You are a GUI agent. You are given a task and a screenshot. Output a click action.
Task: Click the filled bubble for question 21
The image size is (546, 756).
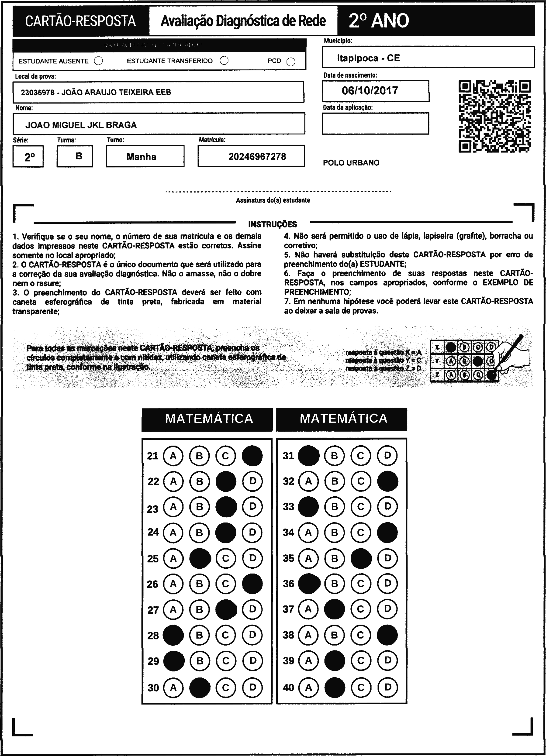pos(252,456)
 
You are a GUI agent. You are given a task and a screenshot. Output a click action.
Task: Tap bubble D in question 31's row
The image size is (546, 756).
pos(387,455)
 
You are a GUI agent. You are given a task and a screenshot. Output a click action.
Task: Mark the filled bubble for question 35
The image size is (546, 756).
pos(361,558)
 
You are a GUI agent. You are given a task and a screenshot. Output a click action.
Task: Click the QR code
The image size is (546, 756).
pos(495,116)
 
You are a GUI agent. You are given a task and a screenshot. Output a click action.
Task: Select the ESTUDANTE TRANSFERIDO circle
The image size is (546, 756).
pos(224,61)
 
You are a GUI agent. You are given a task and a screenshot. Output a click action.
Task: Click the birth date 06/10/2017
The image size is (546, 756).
pos(370,91)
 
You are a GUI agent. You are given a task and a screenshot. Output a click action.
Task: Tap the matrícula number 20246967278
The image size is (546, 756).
pos(257,157)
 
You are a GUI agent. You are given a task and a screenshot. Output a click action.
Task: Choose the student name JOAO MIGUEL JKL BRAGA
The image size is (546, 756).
pos(81,125)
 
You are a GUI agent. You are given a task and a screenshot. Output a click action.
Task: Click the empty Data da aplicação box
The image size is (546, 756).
pos(375,123)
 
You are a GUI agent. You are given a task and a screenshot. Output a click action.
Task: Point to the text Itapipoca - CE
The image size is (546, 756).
pos(368,58)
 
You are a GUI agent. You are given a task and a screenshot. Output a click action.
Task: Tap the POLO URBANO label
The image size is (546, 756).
pos(351,163)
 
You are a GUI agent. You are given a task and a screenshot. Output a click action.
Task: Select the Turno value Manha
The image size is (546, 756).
pos(142,157)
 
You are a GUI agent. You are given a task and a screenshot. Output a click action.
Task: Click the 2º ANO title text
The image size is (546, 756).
pos(379,21)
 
